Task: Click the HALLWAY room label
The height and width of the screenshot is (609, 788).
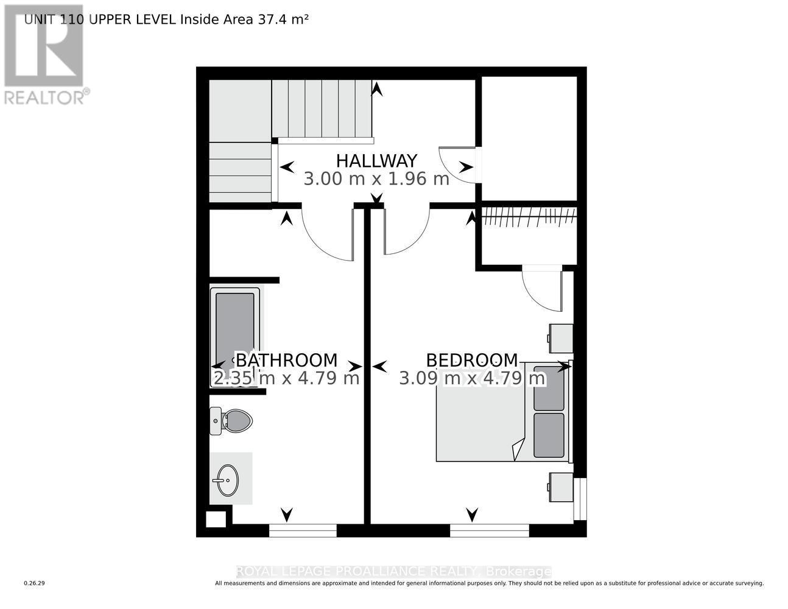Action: tap(376, 161)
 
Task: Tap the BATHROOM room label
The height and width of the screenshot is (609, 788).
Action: tap(286, 361)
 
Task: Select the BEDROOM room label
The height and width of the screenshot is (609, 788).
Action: tap(472, 361)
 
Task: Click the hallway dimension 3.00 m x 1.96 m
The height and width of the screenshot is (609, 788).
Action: tap(376, 179)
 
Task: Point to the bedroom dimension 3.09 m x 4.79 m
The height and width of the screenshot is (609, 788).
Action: tap(472, 378)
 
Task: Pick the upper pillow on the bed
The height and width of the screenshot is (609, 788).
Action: tap(549, 388)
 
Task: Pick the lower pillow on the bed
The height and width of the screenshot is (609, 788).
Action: tap(549, 435)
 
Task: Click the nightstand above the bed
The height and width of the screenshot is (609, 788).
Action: tap(560, 338)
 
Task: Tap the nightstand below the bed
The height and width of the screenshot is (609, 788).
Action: tap(560, 487)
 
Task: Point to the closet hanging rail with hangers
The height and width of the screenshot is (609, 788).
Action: tap(528, 217)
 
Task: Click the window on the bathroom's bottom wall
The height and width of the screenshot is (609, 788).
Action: tap(303, 530)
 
